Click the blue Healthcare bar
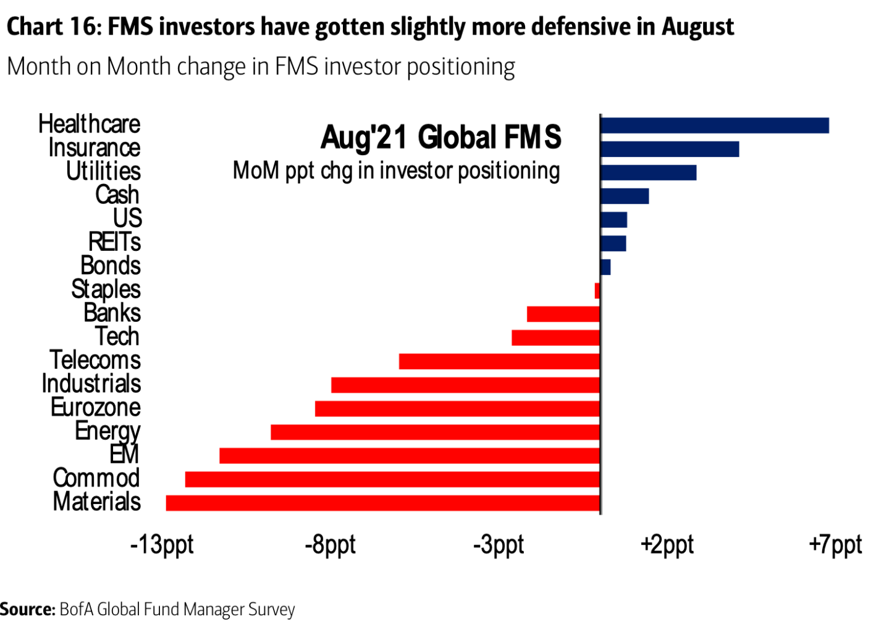[x=714, y=125]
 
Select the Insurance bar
[x=669, y=149]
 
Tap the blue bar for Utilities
[x=648, y=172]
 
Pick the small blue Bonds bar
[x=605, y=267]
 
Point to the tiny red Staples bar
[x=597, y=290]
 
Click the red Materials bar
[x=383, y=503]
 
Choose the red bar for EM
[x=410, y=456]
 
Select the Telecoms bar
[x=499, y=361]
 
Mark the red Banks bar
[x=563, y=314]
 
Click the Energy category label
[x=107, y=431]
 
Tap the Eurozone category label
[x=96, y=408]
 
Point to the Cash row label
[x=117, y=195]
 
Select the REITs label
[x=114, y=242]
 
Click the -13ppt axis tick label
[x=162, y=545]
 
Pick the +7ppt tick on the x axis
[x=835, y=545]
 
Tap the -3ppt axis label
[x=499, y=545]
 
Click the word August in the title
[x=697, y=27]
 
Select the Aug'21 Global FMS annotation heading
[x=440, y=137]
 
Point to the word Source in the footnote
[x=28, y=610]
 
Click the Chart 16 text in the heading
[x=53, y=27]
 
